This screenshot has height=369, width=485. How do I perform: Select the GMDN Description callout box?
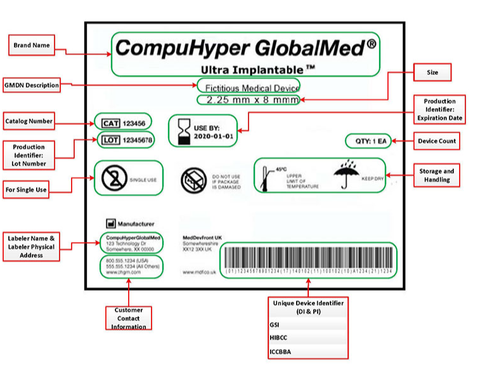[31, 85]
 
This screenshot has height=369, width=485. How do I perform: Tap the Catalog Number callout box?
[29, 121]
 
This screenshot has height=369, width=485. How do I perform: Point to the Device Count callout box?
[437, 141]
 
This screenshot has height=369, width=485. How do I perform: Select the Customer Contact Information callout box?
[129, 318]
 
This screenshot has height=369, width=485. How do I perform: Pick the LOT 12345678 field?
[125, 139]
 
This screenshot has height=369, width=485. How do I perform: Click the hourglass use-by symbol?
[183, 130]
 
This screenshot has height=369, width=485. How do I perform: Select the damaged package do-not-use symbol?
[193, 180]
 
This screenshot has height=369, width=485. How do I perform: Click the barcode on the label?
[309, 258]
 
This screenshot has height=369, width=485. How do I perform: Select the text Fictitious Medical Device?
[248, 87]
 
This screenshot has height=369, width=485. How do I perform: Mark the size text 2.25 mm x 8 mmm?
[248, 100]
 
